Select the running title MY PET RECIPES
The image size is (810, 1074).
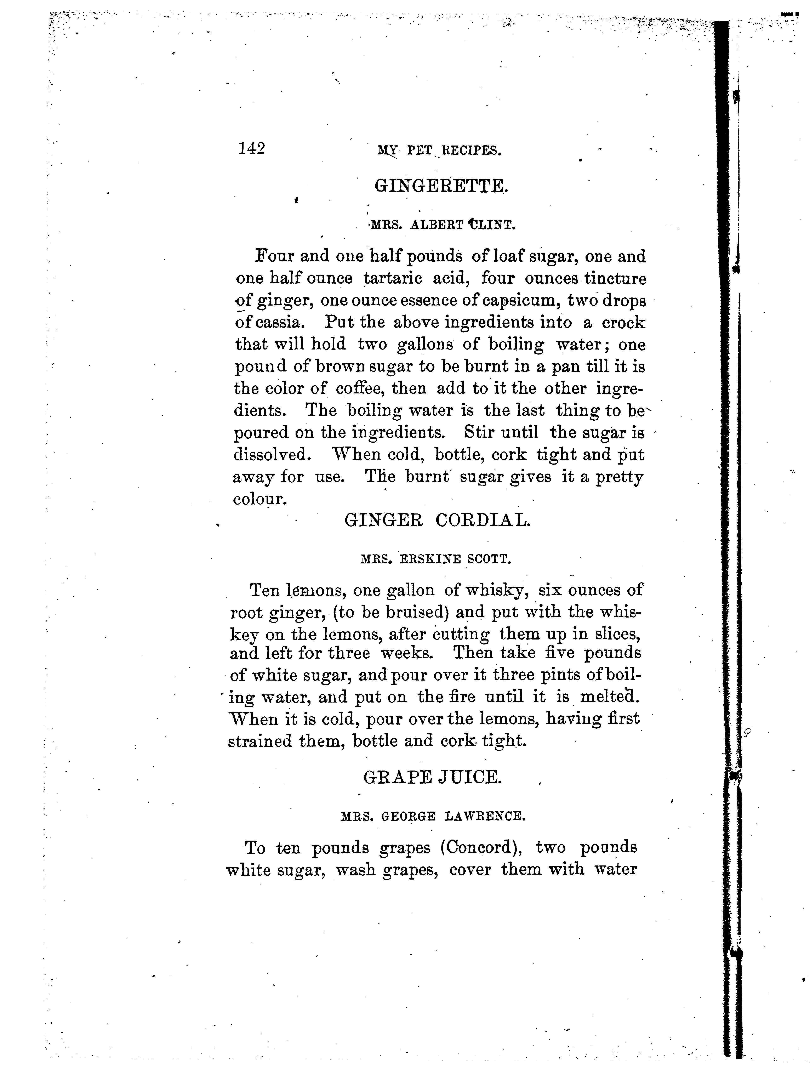pos(439,151)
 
